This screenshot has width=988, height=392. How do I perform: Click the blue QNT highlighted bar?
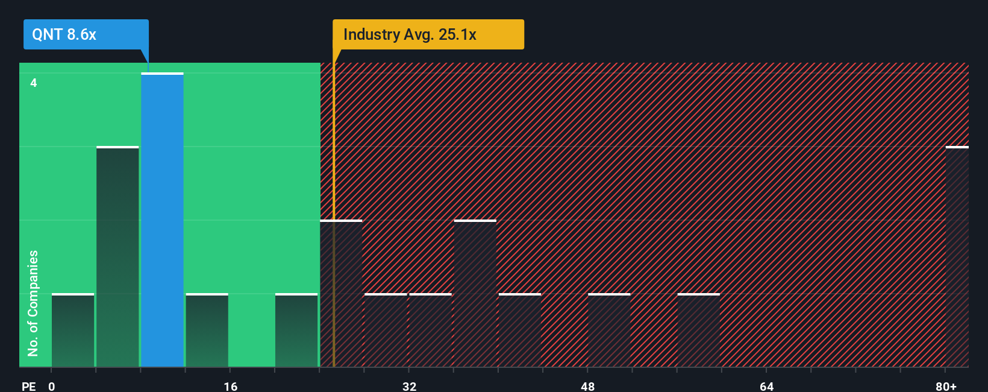click(162, 220)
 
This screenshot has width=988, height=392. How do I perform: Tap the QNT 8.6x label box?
click(86, 34)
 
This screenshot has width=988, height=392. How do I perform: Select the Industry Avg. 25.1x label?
click(428, 34)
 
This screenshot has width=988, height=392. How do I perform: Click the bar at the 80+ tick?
click(957, 256)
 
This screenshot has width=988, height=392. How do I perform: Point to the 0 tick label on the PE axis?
click(52, 386)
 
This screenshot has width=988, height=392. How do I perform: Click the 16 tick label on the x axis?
click(231, 386)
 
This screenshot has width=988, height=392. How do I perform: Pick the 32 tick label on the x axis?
click(410, 386)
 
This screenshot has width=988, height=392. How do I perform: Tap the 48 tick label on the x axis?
click(588, 386)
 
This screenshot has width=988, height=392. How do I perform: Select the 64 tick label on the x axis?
click(766, 386)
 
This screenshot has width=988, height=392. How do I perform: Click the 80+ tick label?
click(946, 386)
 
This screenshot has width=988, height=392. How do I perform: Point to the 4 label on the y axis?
click(34, 83)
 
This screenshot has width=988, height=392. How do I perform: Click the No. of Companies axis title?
click(33, 303)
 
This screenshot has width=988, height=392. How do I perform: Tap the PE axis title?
click(28, 386)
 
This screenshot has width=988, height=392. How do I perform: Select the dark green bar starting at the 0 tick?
click(73, 330)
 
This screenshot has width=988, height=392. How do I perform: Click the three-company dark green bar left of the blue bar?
click(117, 256)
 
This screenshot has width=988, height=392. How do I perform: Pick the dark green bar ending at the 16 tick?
click(207, 330)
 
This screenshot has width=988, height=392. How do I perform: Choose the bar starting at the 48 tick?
click(609, 330)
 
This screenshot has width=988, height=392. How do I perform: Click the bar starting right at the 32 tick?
click(430, 330)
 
